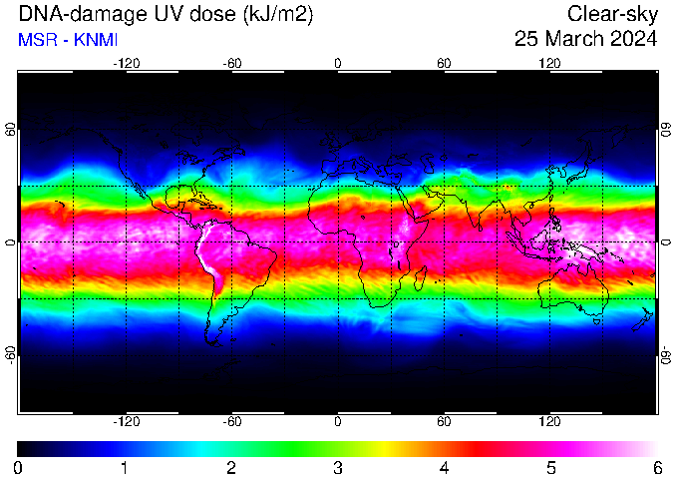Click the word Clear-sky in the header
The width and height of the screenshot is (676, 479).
[x=612, y=15]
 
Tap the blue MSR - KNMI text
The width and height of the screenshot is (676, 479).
[x=68, y=40]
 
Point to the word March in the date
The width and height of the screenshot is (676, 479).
[x=574, y=39]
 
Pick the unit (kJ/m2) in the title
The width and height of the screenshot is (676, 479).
[x=278, y=15]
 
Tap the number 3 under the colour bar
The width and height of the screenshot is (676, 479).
[x=338, y=468]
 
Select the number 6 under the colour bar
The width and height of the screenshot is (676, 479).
[x=657, y=468]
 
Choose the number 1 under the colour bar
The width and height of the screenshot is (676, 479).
[x=125, y=468]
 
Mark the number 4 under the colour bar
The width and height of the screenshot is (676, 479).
[x=444, y=468]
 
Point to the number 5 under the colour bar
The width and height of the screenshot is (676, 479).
[x=550, y=468]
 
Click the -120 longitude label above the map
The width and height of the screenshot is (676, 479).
[x=127, y=64]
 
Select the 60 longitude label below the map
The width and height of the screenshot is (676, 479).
[x=444, y=421]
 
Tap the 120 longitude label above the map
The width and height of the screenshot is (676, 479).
[x=549, y=64]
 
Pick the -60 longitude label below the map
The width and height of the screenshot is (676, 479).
[x=232, y=421]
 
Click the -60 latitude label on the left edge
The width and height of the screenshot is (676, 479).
[x=11, y=355]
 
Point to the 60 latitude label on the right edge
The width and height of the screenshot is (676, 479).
[x=666, y=129]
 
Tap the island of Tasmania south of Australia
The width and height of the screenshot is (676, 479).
[x=596, y=322]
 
